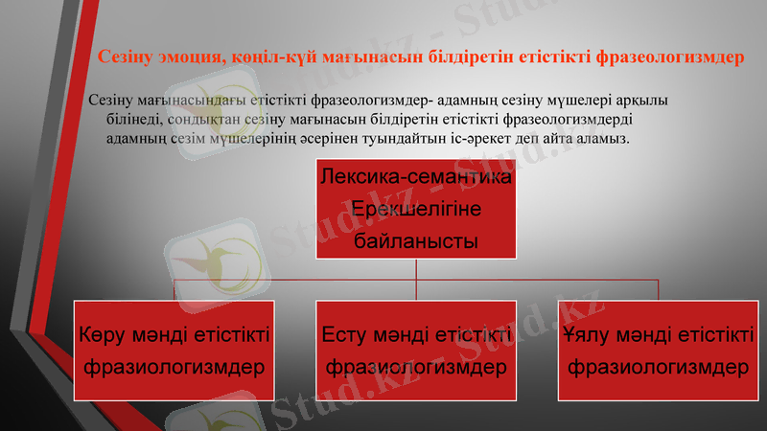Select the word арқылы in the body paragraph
tap(644, 100)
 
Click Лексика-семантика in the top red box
tap(416, 178)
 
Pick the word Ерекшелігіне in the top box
tap(416, 210)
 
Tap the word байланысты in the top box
tap(416, 241)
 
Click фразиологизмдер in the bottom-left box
tap(174, 367)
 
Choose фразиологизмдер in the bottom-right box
tap(658, 367)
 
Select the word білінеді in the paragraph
tap(133, 119)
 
